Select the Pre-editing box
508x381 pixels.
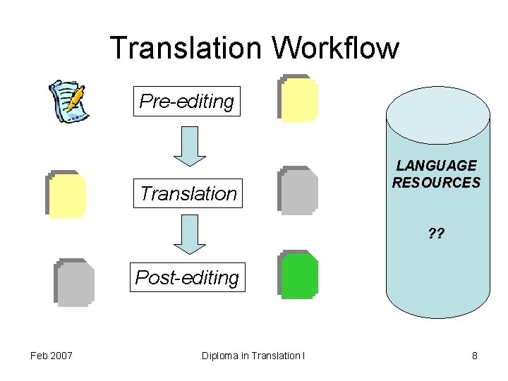tap(186, 102)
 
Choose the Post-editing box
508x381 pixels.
tap(187, 277)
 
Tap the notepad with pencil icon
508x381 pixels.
tap(68, 101)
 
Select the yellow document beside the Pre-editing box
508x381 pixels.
tap(298, 99)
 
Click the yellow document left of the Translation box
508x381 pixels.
tap(66, 194)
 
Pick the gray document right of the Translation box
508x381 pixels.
tap(298, 190)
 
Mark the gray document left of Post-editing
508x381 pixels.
tap(74, 282)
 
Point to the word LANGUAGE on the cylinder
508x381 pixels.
tap(436, 166)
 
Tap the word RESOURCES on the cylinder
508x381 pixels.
tap(436, 183)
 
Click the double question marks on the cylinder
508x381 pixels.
tap(436, 234)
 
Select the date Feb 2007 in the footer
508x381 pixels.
tap(52, 356)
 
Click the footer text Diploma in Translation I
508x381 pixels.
tap(253, 356)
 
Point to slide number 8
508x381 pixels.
tap(475, 356)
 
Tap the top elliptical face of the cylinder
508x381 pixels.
tap(437, 106)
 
